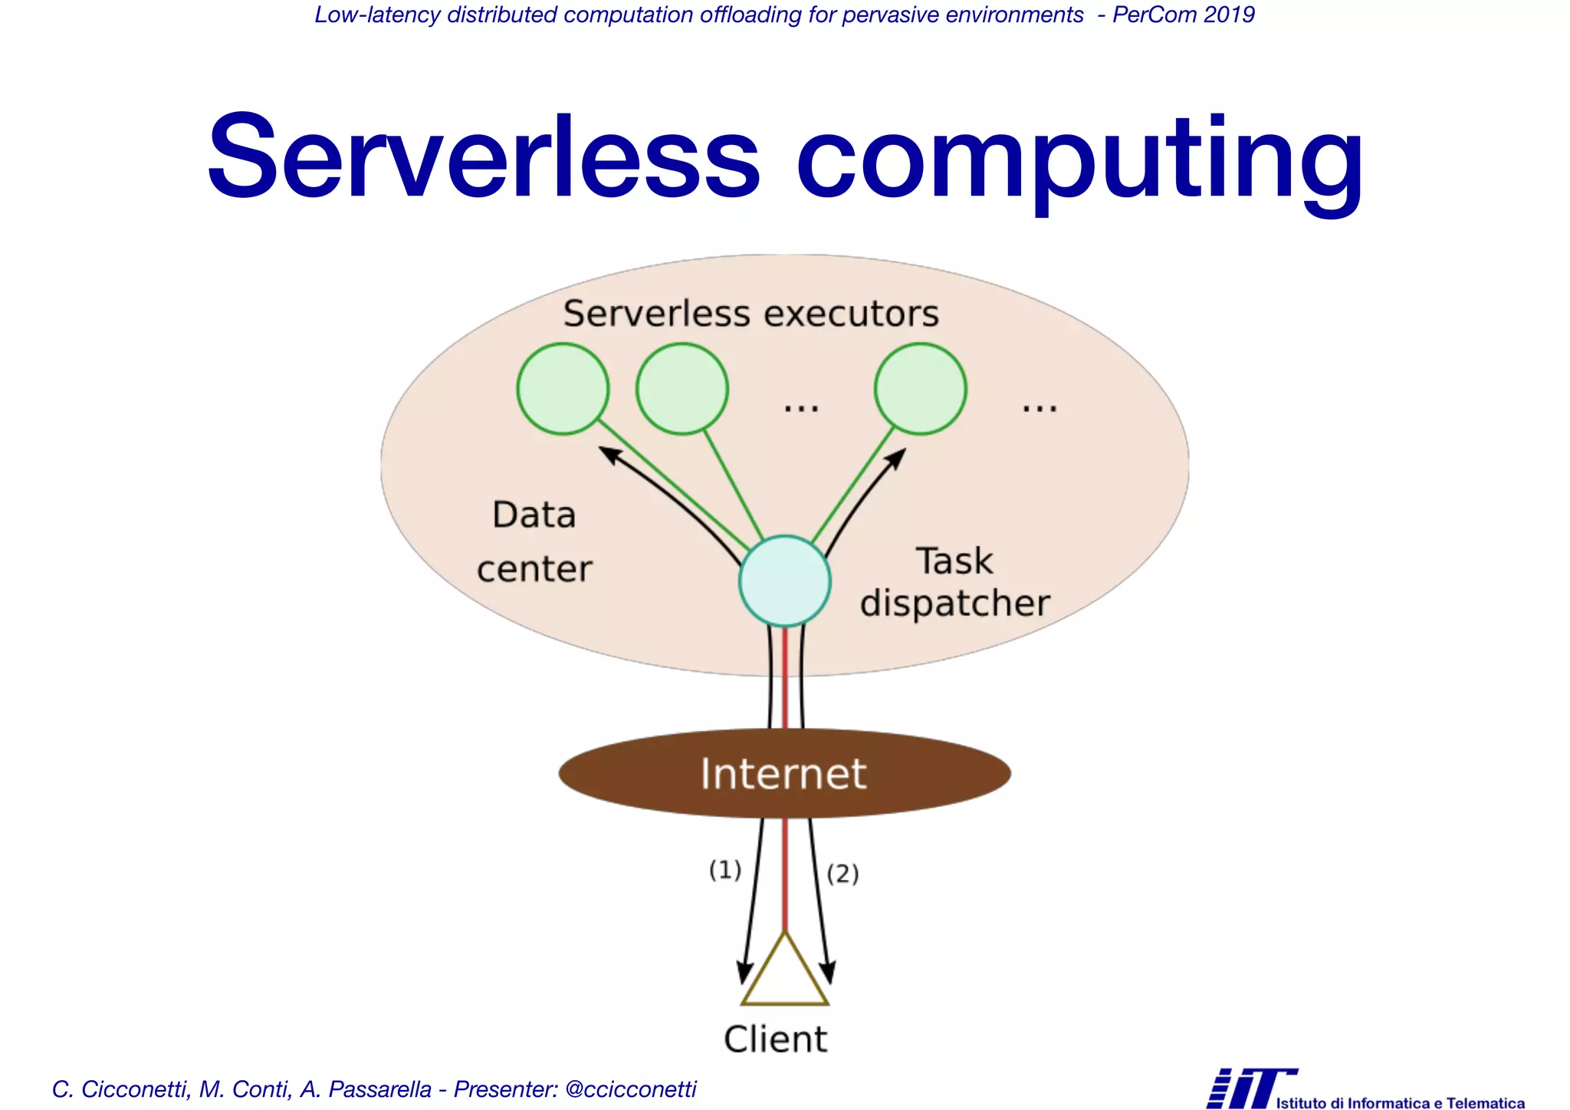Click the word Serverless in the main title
coord(483,157)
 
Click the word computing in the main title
coord(1079,161)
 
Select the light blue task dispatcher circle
coord(784,581)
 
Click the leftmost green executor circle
coord(563,389)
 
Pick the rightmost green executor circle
coord(921,389)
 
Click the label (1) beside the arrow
coord(725,870)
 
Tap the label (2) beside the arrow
coord(842,874)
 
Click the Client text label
coord(776,1040)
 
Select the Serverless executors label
coord(751,314)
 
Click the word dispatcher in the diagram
coord(954,604)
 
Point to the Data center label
coord(534,542)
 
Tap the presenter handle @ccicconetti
coord(630,1089)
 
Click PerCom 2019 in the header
coord(1184,15)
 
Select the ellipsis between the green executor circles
coord(801,407)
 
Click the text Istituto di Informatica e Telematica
coord(1400,1103)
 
